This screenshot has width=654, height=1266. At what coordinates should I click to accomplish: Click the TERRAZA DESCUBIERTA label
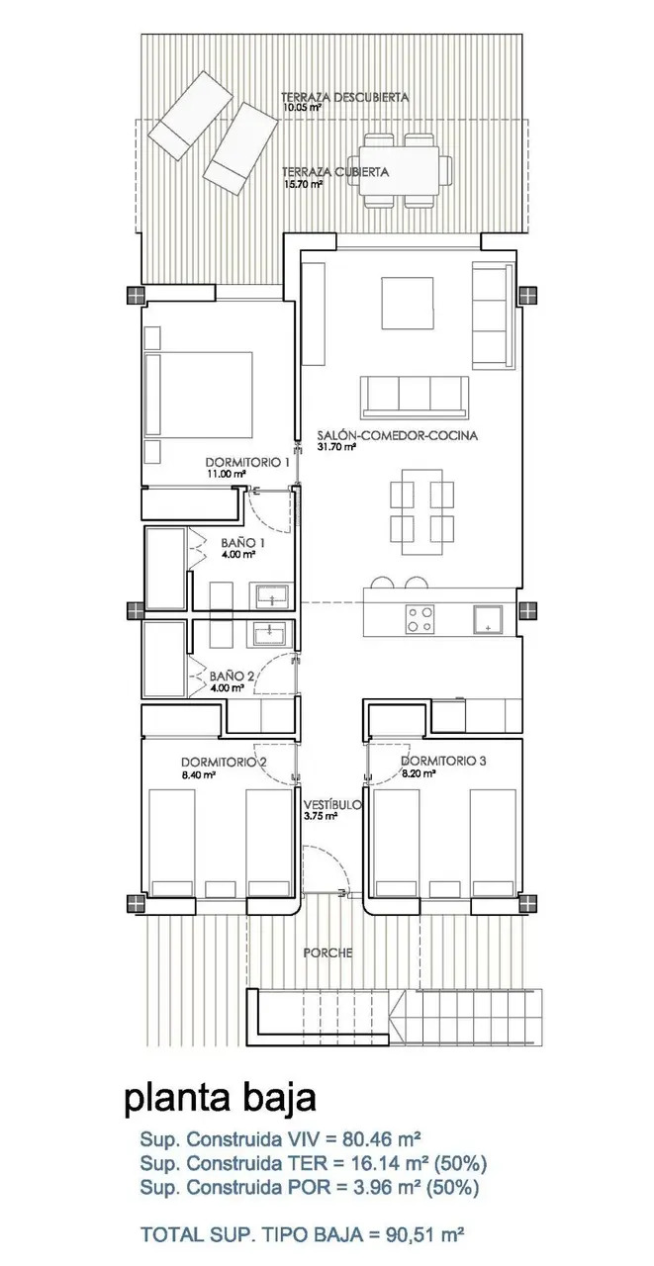[x=344, y=97]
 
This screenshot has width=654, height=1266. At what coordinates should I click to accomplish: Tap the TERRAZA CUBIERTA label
[x=335, y=171]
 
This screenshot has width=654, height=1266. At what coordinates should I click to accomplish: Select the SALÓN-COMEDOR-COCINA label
[x=397, y=435]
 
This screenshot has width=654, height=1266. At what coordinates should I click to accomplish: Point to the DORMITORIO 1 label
[x=247, y=462]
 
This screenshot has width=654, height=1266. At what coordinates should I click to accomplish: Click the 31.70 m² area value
[x=335, y=446]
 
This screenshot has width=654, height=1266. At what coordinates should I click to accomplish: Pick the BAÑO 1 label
[x=243, y=543]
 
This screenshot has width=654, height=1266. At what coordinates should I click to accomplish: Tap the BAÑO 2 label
[x=232, y=676]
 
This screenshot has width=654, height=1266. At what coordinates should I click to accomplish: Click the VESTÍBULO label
[x=331, y=805]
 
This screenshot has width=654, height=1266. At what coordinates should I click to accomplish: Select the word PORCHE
[x=327, y=952]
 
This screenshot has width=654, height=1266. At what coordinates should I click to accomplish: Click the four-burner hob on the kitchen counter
[x=420, y=618]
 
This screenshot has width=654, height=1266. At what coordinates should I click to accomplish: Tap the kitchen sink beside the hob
[x=488, y=619]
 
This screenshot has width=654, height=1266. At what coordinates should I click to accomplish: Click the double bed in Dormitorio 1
[x=199, y=395]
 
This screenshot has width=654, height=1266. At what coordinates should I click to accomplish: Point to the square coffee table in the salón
[x=407, y=303]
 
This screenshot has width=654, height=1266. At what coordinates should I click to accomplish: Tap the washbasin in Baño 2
[x=272, y=633]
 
